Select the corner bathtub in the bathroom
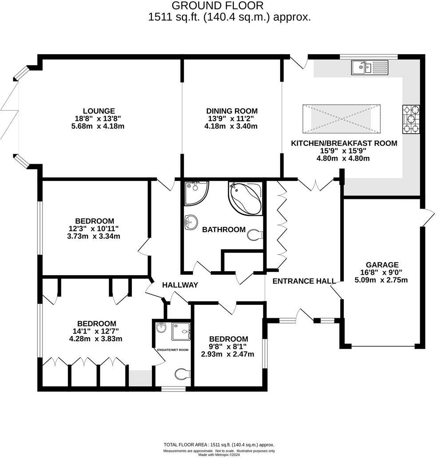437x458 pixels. [245, 198]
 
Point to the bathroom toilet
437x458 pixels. [255, 235]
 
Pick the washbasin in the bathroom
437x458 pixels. [190, 222]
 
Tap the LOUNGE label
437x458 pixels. [99, 111]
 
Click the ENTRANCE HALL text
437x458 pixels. [303, 281]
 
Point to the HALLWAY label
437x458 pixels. [180, 285]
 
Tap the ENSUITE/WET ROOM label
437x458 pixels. [173, 350]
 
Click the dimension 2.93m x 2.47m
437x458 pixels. [228, 354]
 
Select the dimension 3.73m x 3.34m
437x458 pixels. [94, 236]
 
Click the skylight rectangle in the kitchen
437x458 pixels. [342, 119]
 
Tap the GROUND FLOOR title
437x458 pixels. [217, 6]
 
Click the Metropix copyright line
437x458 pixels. [218, 454]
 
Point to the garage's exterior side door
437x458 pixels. [427, 217]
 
